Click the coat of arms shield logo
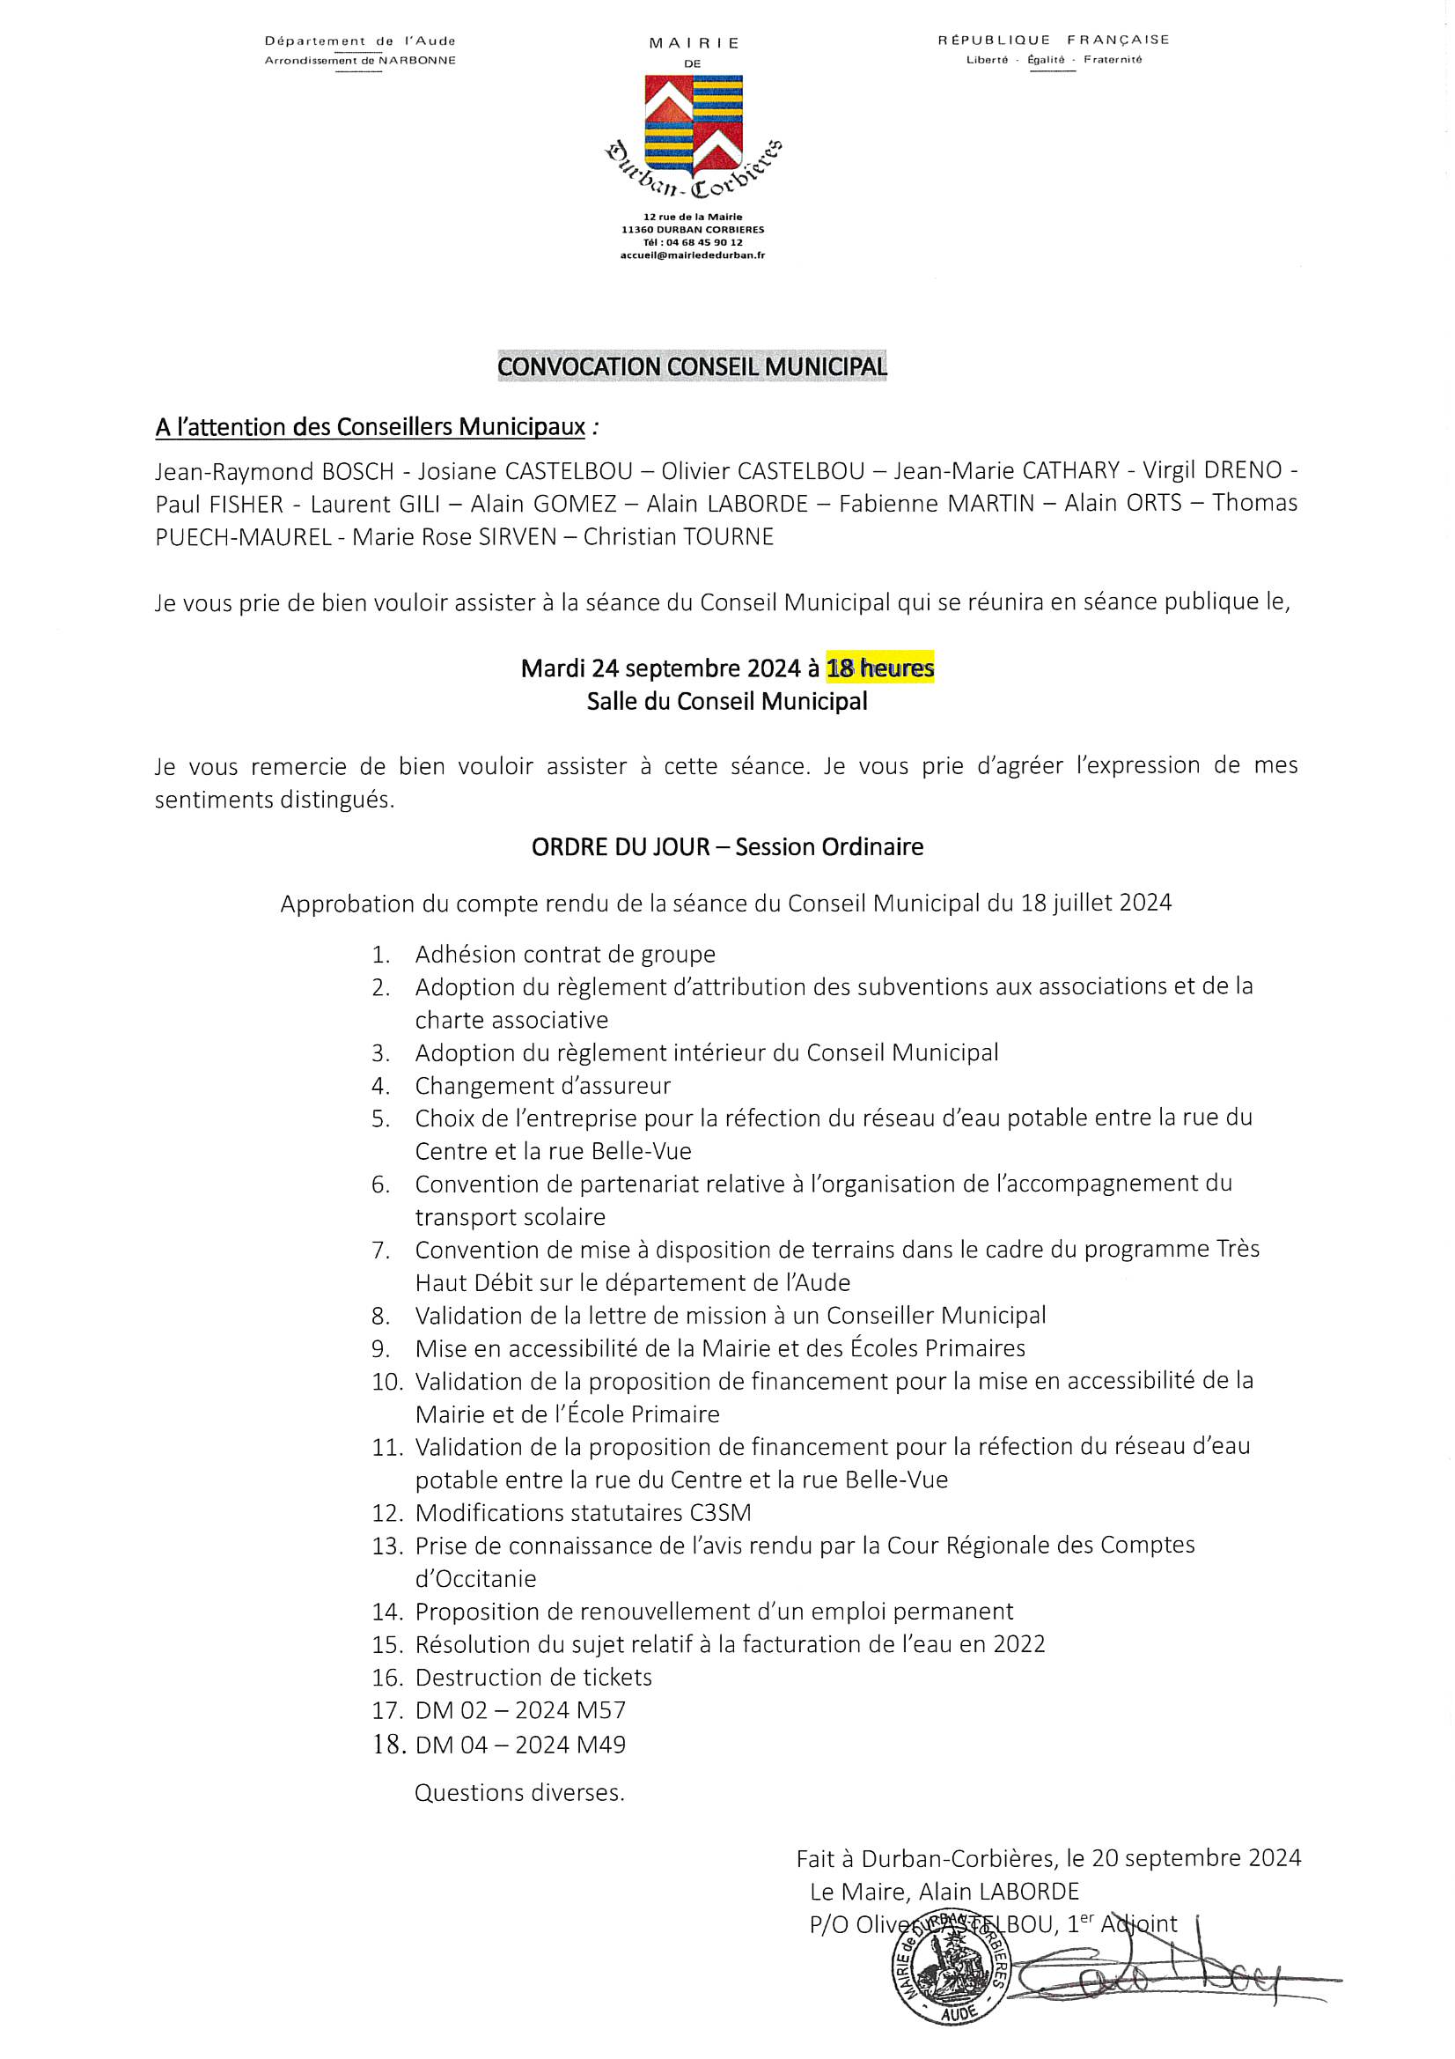point(693,126)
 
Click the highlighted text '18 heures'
point(879,668)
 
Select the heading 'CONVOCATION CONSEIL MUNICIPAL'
point(692,366)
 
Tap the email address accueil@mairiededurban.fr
point(692,255)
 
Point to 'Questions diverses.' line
point(519,1793)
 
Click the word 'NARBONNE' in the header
point(417,60)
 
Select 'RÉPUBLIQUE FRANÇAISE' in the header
point(1054,40)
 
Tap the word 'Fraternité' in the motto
point(1113,60)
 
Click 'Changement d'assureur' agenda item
point(542,1086)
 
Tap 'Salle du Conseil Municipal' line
point(727,701)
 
